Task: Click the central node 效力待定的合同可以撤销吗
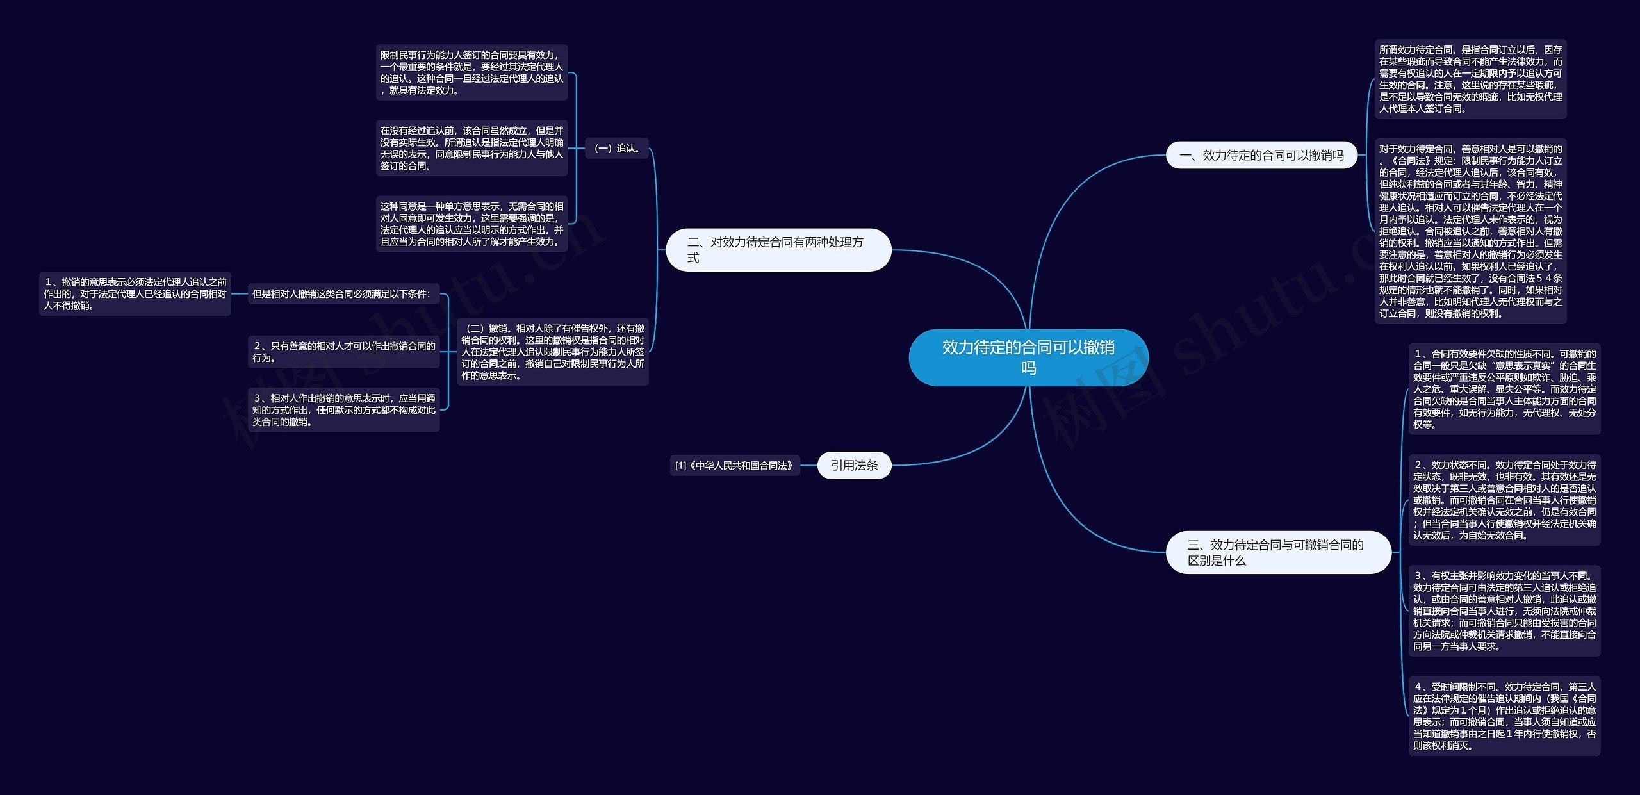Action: tap(1028, 357)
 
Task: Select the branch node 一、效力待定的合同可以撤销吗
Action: tap(1261, 155)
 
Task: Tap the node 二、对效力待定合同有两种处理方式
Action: tap(778, 250)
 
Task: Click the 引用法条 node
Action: tap(854, 466)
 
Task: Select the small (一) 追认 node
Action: tap(616, 149)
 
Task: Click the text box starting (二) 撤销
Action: tap(553, 352)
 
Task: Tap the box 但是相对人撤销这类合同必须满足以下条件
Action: tap(343, 294)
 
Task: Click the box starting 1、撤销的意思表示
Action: tap(135, 294)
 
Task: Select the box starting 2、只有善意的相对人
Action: tap(343, 352)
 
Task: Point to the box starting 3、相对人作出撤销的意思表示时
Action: tap(343, 410)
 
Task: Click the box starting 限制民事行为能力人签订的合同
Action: tap(471, 72)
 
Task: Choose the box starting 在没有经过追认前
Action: tap(471, 148)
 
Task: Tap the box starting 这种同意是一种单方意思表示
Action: tap(471, 224)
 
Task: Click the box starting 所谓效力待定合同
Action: tap(1470, 79)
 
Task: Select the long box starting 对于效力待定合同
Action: tap(1470, 231)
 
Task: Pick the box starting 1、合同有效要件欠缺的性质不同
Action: tap(1504, 389)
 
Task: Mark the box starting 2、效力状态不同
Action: tap(1504, 500)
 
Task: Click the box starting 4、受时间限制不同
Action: tap(1504, 716)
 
